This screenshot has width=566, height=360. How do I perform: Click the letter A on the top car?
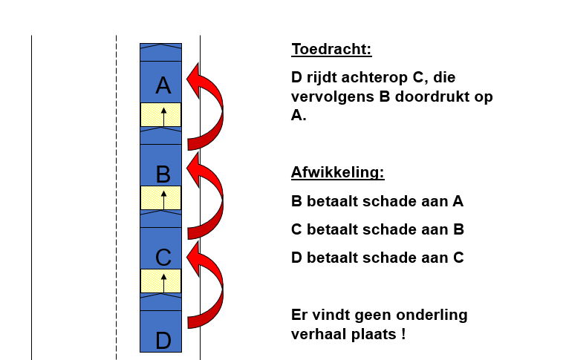click(163, 85)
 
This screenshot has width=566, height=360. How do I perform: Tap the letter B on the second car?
click(163, 174)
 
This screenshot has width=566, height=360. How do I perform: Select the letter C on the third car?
click(163, 258)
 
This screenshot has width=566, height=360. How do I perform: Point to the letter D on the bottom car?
click(163, 341)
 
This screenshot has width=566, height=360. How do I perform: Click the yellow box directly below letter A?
click(160, 115)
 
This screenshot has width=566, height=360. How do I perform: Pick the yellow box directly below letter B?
click(160, 197)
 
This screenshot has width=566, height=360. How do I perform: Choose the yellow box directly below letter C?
click(160, 281)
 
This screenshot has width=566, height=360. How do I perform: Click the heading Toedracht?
click(331, 50)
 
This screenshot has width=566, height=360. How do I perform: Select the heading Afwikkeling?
click(337, 172)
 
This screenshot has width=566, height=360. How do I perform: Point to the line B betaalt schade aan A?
click(377, 201)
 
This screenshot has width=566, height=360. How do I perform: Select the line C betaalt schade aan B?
click(377, 229)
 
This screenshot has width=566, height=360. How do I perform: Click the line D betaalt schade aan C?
click(377, 258)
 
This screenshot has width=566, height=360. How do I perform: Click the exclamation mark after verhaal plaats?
click(403, 334)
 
